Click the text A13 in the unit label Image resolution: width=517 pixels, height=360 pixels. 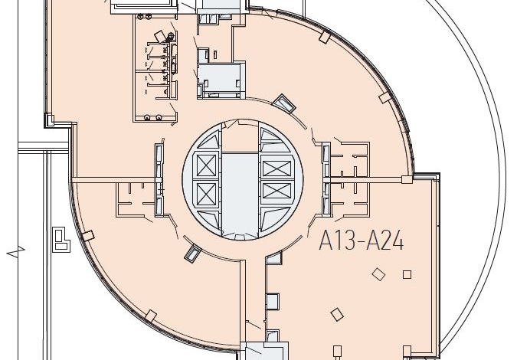point(337,241)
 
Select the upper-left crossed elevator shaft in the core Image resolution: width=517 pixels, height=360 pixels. point(206,165)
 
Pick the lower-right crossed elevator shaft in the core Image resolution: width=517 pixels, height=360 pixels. point(277,191)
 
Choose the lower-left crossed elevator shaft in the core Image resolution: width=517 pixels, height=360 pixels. point(206,194)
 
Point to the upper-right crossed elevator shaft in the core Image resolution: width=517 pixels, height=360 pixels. point(277,169)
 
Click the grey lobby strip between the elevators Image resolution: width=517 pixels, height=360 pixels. point(240,195)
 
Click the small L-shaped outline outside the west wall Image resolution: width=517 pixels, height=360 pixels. point(61,239)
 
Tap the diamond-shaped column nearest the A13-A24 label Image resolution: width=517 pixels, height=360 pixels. point(378,274)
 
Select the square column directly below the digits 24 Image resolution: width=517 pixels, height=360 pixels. point(407,274)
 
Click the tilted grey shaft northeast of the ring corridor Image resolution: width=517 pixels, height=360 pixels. point(283,103)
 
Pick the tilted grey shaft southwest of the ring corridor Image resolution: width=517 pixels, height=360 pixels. point(192,254)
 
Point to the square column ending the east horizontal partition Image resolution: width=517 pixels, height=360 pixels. point(407,180)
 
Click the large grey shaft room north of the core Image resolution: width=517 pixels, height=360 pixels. point(219,79)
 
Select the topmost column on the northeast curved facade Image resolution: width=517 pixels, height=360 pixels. point(325,37)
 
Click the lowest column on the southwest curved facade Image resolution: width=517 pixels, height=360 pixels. point(151,316)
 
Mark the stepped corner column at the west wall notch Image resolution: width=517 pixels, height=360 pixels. point(50,120)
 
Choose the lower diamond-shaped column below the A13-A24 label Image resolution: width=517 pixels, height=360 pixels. point(337,314)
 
